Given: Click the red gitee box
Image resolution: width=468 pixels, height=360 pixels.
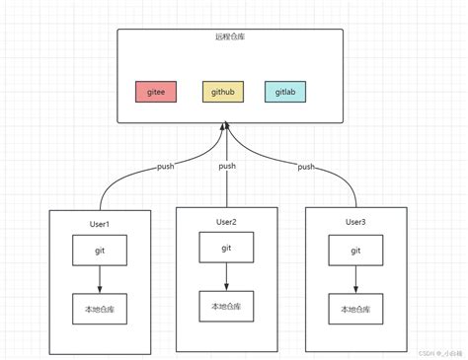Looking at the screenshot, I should coord(155,92).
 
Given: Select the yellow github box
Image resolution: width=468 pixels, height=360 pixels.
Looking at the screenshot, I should coord(221,92).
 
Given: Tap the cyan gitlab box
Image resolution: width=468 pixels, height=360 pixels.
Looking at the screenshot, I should coord(284,92).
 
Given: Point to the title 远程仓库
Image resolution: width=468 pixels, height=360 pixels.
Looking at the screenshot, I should coord(229,37).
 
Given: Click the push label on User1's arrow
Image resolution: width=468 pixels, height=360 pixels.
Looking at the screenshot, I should coord(166,167).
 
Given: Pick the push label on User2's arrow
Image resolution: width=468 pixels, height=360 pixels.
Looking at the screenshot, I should coord(227,167).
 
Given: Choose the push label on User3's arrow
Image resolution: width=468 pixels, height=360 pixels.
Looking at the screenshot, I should coord(306,167).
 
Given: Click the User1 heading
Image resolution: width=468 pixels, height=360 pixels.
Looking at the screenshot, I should coord(100,225).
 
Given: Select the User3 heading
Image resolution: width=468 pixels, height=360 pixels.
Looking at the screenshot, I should coord(355,223).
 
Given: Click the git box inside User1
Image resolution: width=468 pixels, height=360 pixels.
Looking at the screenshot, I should coord(100,251).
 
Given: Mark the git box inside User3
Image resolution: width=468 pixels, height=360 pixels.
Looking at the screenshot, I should coord(355,251).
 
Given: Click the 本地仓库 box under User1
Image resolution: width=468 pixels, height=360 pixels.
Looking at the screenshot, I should coord(100,309).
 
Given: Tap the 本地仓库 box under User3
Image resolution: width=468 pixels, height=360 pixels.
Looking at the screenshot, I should coord(355,309).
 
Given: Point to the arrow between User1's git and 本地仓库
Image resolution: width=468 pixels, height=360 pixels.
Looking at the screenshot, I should coord(100,280).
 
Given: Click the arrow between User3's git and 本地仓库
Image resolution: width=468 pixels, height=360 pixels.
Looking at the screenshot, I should coord(355,280).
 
